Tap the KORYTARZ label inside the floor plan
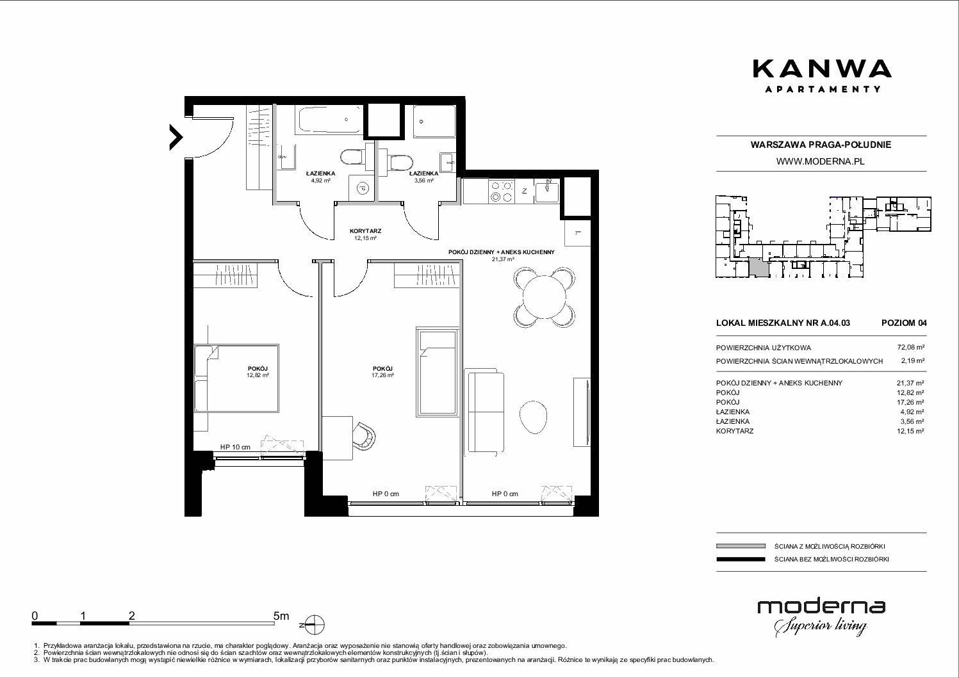365,231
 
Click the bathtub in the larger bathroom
329,120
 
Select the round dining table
544,297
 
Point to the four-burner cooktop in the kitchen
502,191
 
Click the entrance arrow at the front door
176,137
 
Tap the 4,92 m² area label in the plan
320,181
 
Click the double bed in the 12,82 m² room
236,378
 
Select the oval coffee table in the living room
533,417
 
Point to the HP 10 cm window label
235,447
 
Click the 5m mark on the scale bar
281,615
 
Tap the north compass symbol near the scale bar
315,625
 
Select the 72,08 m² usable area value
910,348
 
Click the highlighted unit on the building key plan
758,268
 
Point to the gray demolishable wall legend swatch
741,546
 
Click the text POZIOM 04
904,323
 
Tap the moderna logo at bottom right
821,617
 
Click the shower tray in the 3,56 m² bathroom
434,121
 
